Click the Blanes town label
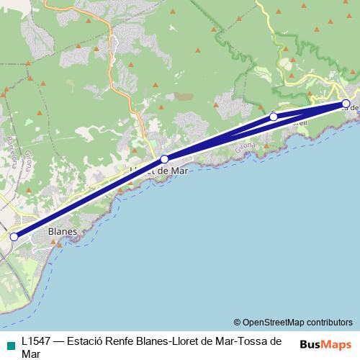pyautogui.click(x=62, y=232)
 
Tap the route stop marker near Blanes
pyautogui.click(x=14, y=237)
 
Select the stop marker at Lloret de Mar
pyautogui.click(x=164, y=159)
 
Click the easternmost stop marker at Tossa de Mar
pyautogui.click(x=346, y=104)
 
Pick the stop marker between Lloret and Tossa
pyautogui.click(x=274, y=117)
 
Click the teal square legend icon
pyautogui.click(x=9, y=342)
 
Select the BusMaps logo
pyautogui.click(x=325, y=343)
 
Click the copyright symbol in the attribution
pyautogui.click(x=237, y=322)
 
